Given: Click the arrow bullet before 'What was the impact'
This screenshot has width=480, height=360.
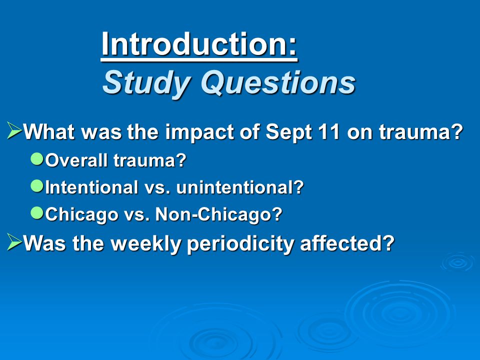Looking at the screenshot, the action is pyautogui.click(x=14, y=130).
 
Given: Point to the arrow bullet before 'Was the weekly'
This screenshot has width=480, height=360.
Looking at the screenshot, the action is pyautogui.click(x=14, y=242).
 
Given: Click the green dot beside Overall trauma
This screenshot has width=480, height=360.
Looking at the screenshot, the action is pyautogui.click(x=37, y=159).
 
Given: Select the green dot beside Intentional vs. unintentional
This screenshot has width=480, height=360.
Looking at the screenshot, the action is pyautogui.click(x=37, y=186).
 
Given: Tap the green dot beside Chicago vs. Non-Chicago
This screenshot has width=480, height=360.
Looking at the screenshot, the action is pyautogui.click(x=37, y=213).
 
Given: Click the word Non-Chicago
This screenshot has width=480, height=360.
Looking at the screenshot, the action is pyautogui.click(x=218, y=214).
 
